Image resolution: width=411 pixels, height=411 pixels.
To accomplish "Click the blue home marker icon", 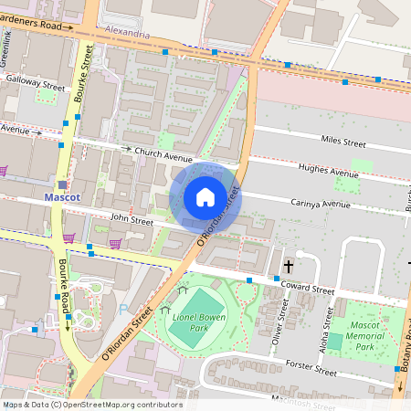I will point(205,197).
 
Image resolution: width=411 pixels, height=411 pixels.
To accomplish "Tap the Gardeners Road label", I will point(37,26).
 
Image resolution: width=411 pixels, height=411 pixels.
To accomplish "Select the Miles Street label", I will point(342,142).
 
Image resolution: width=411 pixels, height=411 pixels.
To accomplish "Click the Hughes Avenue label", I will point(329,172).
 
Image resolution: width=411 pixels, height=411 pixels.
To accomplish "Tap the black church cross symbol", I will point(289,266).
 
